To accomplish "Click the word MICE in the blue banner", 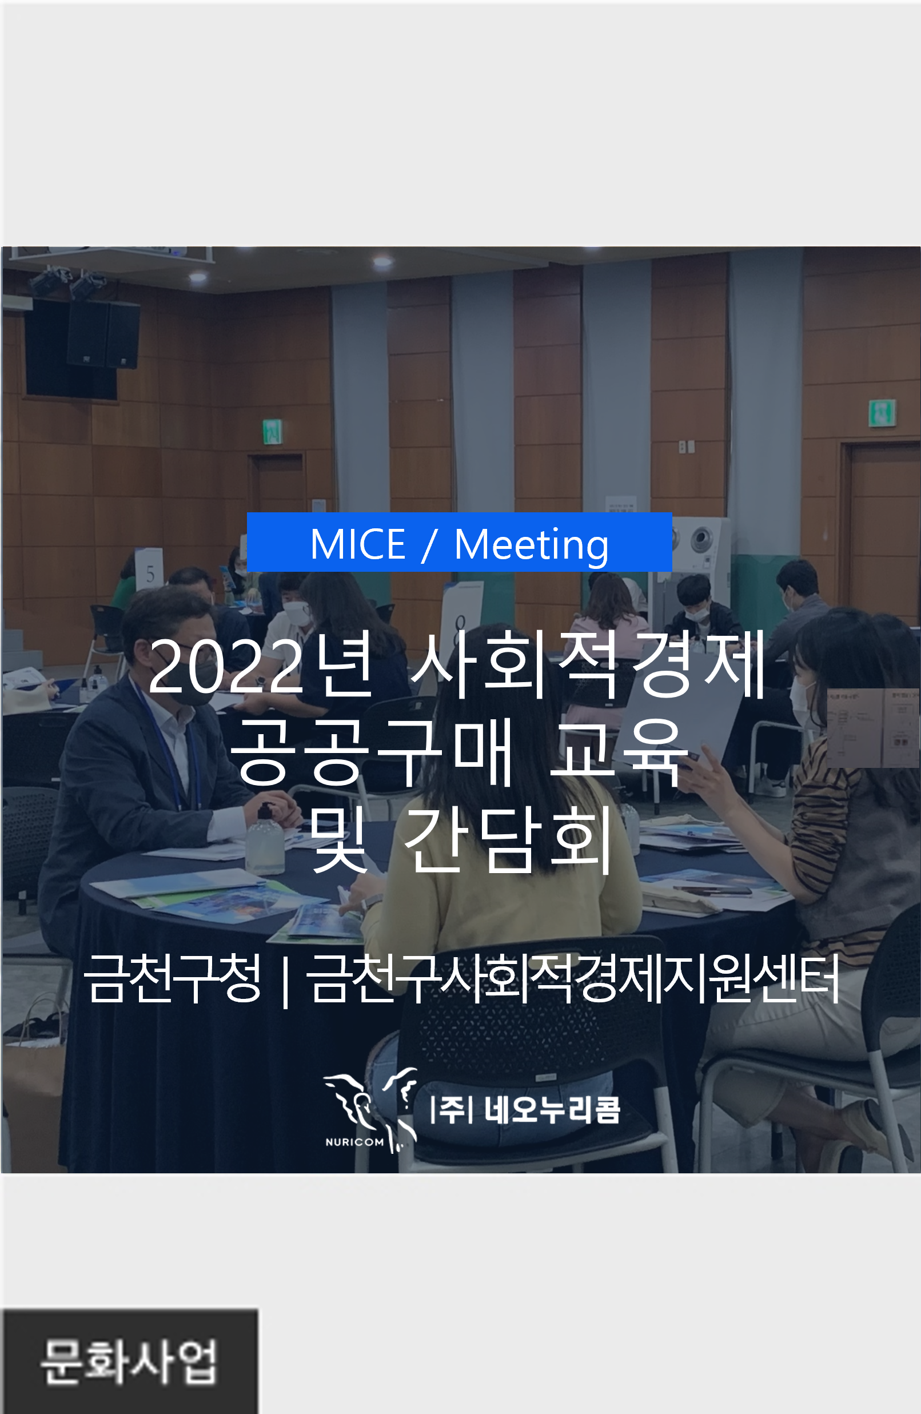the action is (358, 544).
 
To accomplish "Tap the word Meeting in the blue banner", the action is (531, 545).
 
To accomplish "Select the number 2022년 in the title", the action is (261, 665).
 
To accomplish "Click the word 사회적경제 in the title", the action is (588, 664).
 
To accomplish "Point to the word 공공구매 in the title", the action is (372, 751).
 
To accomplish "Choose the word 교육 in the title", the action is (616, 751).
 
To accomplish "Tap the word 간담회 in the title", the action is (509, 839).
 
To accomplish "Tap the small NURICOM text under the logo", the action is (354, 1142).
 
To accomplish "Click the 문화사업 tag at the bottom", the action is (130, 1362).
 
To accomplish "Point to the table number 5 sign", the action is (149, 568).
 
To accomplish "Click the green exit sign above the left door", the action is (272, 431).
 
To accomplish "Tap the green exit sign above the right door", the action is (882, 412).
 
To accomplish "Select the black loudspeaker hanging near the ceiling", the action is (103, 334).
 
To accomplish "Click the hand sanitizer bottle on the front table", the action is (265, 839).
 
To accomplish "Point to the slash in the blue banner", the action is (429, 545).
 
